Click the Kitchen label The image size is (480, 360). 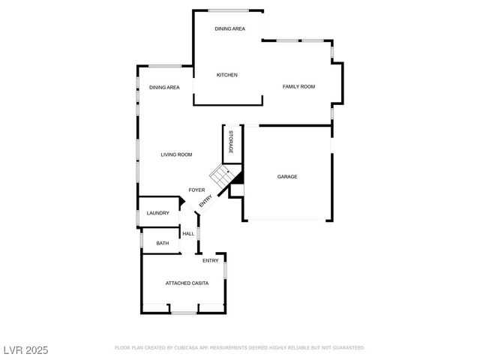227,75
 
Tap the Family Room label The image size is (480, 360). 298,87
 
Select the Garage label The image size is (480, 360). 287,177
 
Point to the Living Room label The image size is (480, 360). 176,154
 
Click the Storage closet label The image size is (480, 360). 231,142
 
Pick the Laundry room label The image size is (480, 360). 157,213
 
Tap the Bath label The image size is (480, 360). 162,243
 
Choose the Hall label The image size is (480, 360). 188,234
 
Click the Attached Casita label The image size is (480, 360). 187,283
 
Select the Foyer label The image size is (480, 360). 196,190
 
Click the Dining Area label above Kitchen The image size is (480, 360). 229,29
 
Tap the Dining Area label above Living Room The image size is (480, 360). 164,88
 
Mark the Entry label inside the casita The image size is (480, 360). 211,260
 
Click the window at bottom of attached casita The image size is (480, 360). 184,313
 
